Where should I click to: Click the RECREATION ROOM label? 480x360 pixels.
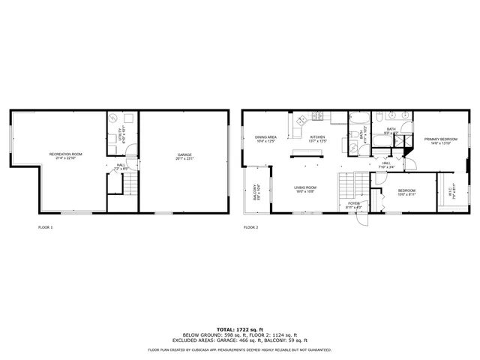66,154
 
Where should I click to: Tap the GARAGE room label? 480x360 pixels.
184,154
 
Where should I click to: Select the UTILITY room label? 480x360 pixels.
120,136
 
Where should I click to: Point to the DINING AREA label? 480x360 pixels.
266,137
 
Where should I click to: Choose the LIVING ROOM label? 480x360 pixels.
304,187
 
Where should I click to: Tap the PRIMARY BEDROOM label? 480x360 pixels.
440,139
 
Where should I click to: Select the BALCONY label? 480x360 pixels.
255,193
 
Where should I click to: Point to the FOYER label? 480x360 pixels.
354,202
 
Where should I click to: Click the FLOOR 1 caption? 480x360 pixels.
46,226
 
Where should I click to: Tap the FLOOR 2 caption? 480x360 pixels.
250,226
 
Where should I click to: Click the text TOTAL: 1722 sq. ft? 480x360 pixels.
240,329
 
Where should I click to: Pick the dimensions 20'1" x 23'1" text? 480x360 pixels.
184,158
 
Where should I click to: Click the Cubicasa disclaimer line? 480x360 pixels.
240,349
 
